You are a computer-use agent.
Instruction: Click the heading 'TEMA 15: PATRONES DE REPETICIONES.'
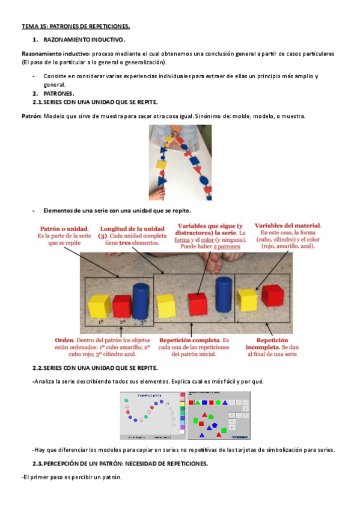tap(76, 27)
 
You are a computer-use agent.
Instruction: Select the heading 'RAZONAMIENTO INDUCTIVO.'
tap(84, 40)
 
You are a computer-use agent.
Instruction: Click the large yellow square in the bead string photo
tap(161, 164)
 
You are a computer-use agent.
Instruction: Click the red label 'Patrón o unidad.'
tap(64, 229)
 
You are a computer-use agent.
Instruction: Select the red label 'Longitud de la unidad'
tap(132, 229)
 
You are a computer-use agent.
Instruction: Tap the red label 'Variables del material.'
tap(287, 226)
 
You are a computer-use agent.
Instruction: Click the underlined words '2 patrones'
tap(227, 247)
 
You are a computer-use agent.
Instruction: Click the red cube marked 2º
tap(121, 306)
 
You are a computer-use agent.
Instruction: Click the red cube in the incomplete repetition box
tap(273, 295)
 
